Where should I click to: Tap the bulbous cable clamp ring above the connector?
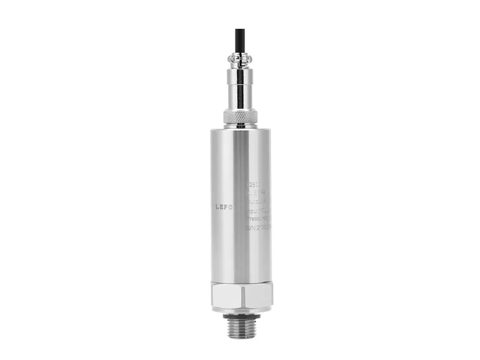click(x=240, y=59)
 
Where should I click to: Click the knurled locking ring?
click(x=240, y=116)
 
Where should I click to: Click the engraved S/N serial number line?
click(x=259, y=227)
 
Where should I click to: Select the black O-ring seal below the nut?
click(x=240, y=314)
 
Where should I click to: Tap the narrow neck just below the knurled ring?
click(x=240, y=126)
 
